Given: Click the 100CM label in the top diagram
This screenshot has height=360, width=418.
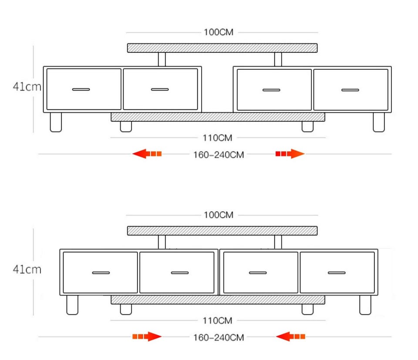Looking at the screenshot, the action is (x=219, y=32).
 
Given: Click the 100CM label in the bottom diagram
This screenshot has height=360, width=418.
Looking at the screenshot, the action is (x=219, y=215).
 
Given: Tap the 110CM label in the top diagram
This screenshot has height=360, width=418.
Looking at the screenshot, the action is (x=218, y=138).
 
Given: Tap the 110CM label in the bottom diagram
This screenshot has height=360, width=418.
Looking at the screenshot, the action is (x=218, y=320).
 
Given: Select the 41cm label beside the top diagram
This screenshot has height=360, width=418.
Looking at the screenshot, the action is (x=27, y=87).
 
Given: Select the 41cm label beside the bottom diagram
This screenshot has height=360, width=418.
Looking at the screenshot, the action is (x=27, y=269).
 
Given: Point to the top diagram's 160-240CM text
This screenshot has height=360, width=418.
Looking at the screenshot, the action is (x=219, y=155).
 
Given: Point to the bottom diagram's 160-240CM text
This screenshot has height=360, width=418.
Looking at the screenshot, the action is (x=219, y=338).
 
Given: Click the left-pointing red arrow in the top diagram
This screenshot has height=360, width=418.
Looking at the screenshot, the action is (x=147, y=154).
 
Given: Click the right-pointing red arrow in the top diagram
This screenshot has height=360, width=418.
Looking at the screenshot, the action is (x=290, y=154).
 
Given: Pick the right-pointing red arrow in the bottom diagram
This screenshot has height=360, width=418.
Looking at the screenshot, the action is (x=147, y=336).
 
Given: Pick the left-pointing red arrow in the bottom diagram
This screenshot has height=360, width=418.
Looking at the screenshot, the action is (x=290, y=336).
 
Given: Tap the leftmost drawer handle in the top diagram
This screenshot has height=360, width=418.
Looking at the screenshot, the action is (x=81, y=89).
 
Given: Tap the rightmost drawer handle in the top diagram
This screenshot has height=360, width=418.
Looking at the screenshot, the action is (x=350, y=90).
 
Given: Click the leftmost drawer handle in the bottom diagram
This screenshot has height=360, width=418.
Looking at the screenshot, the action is (x=101, y=273).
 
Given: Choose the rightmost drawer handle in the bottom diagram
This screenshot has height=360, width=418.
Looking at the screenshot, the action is (x=337, y=273).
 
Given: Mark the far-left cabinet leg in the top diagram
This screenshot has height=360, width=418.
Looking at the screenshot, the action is (x=56, y=122).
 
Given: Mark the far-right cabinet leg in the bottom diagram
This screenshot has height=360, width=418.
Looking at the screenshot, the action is (x=365, y=305).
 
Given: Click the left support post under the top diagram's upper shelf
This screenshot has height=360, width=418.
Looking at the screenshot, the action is (x=162, y=59).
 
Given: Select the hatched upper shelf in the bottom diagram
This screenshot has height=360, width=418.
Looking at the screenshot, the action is (x=222, y=231).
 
